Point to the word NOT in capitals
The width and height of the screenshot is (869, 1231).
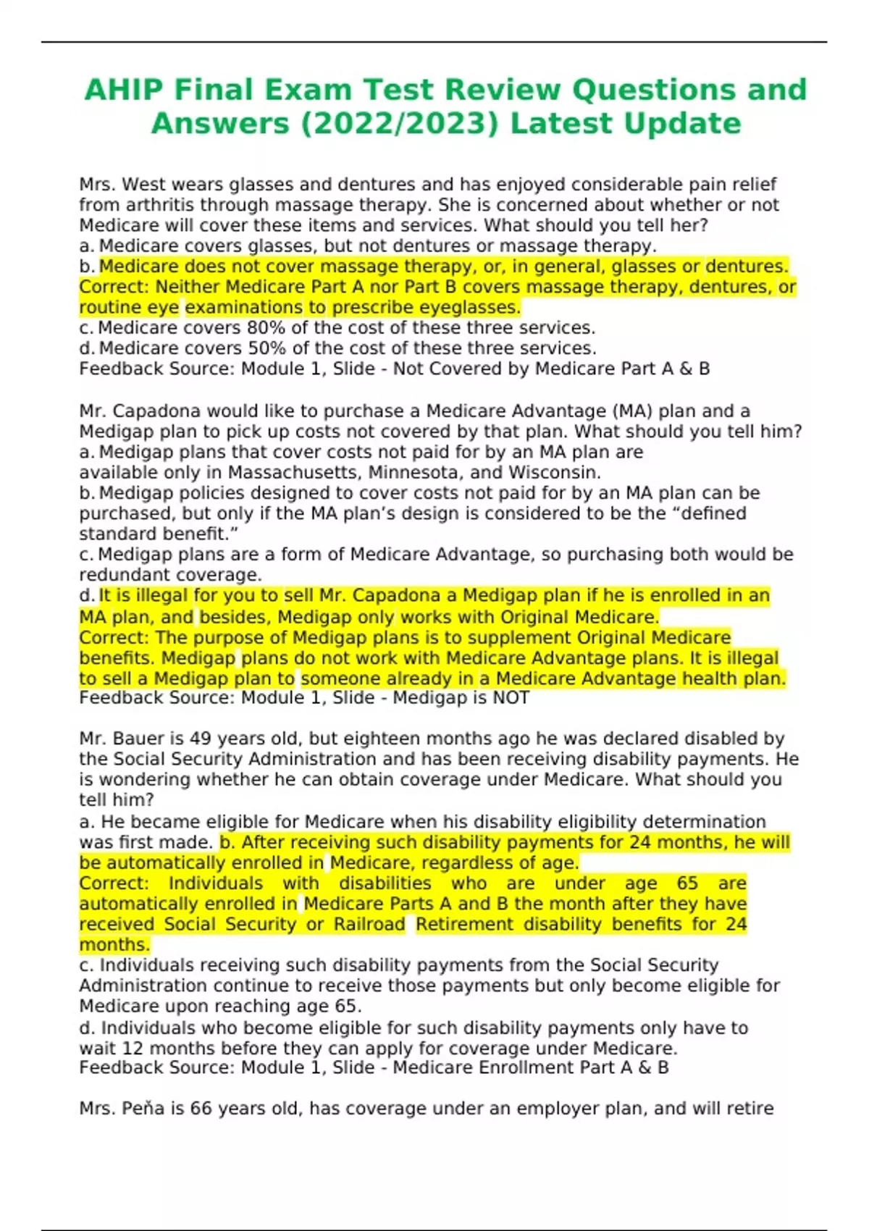511,698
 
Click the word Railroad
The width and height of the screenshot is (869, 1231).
369,925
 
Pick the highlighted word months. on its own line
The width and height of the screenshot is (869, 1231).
114,945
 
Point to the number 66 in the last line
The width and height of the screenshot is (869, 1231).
201,1109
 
